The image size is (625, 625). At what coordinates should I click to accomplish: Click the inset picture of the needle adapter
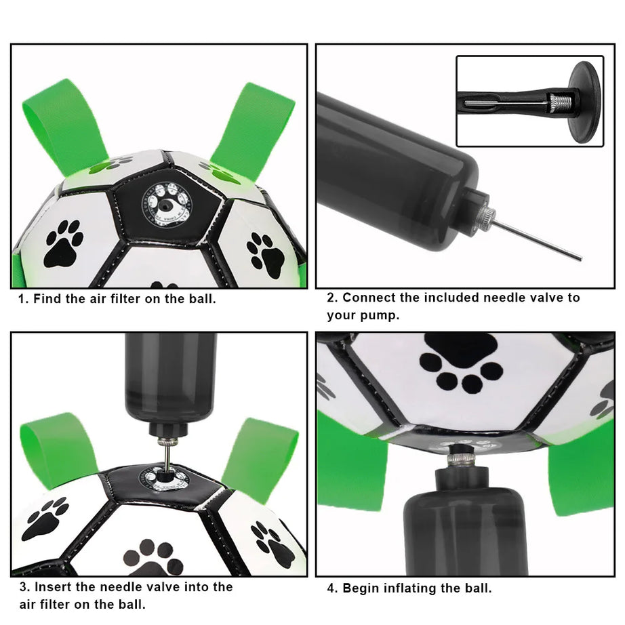pos(529,101)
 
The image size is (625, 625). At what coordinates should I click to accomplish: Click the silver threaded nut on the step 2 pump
pos(485,216)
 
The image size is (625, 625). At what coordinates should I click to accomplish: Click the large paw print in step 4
pos(461,363)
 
